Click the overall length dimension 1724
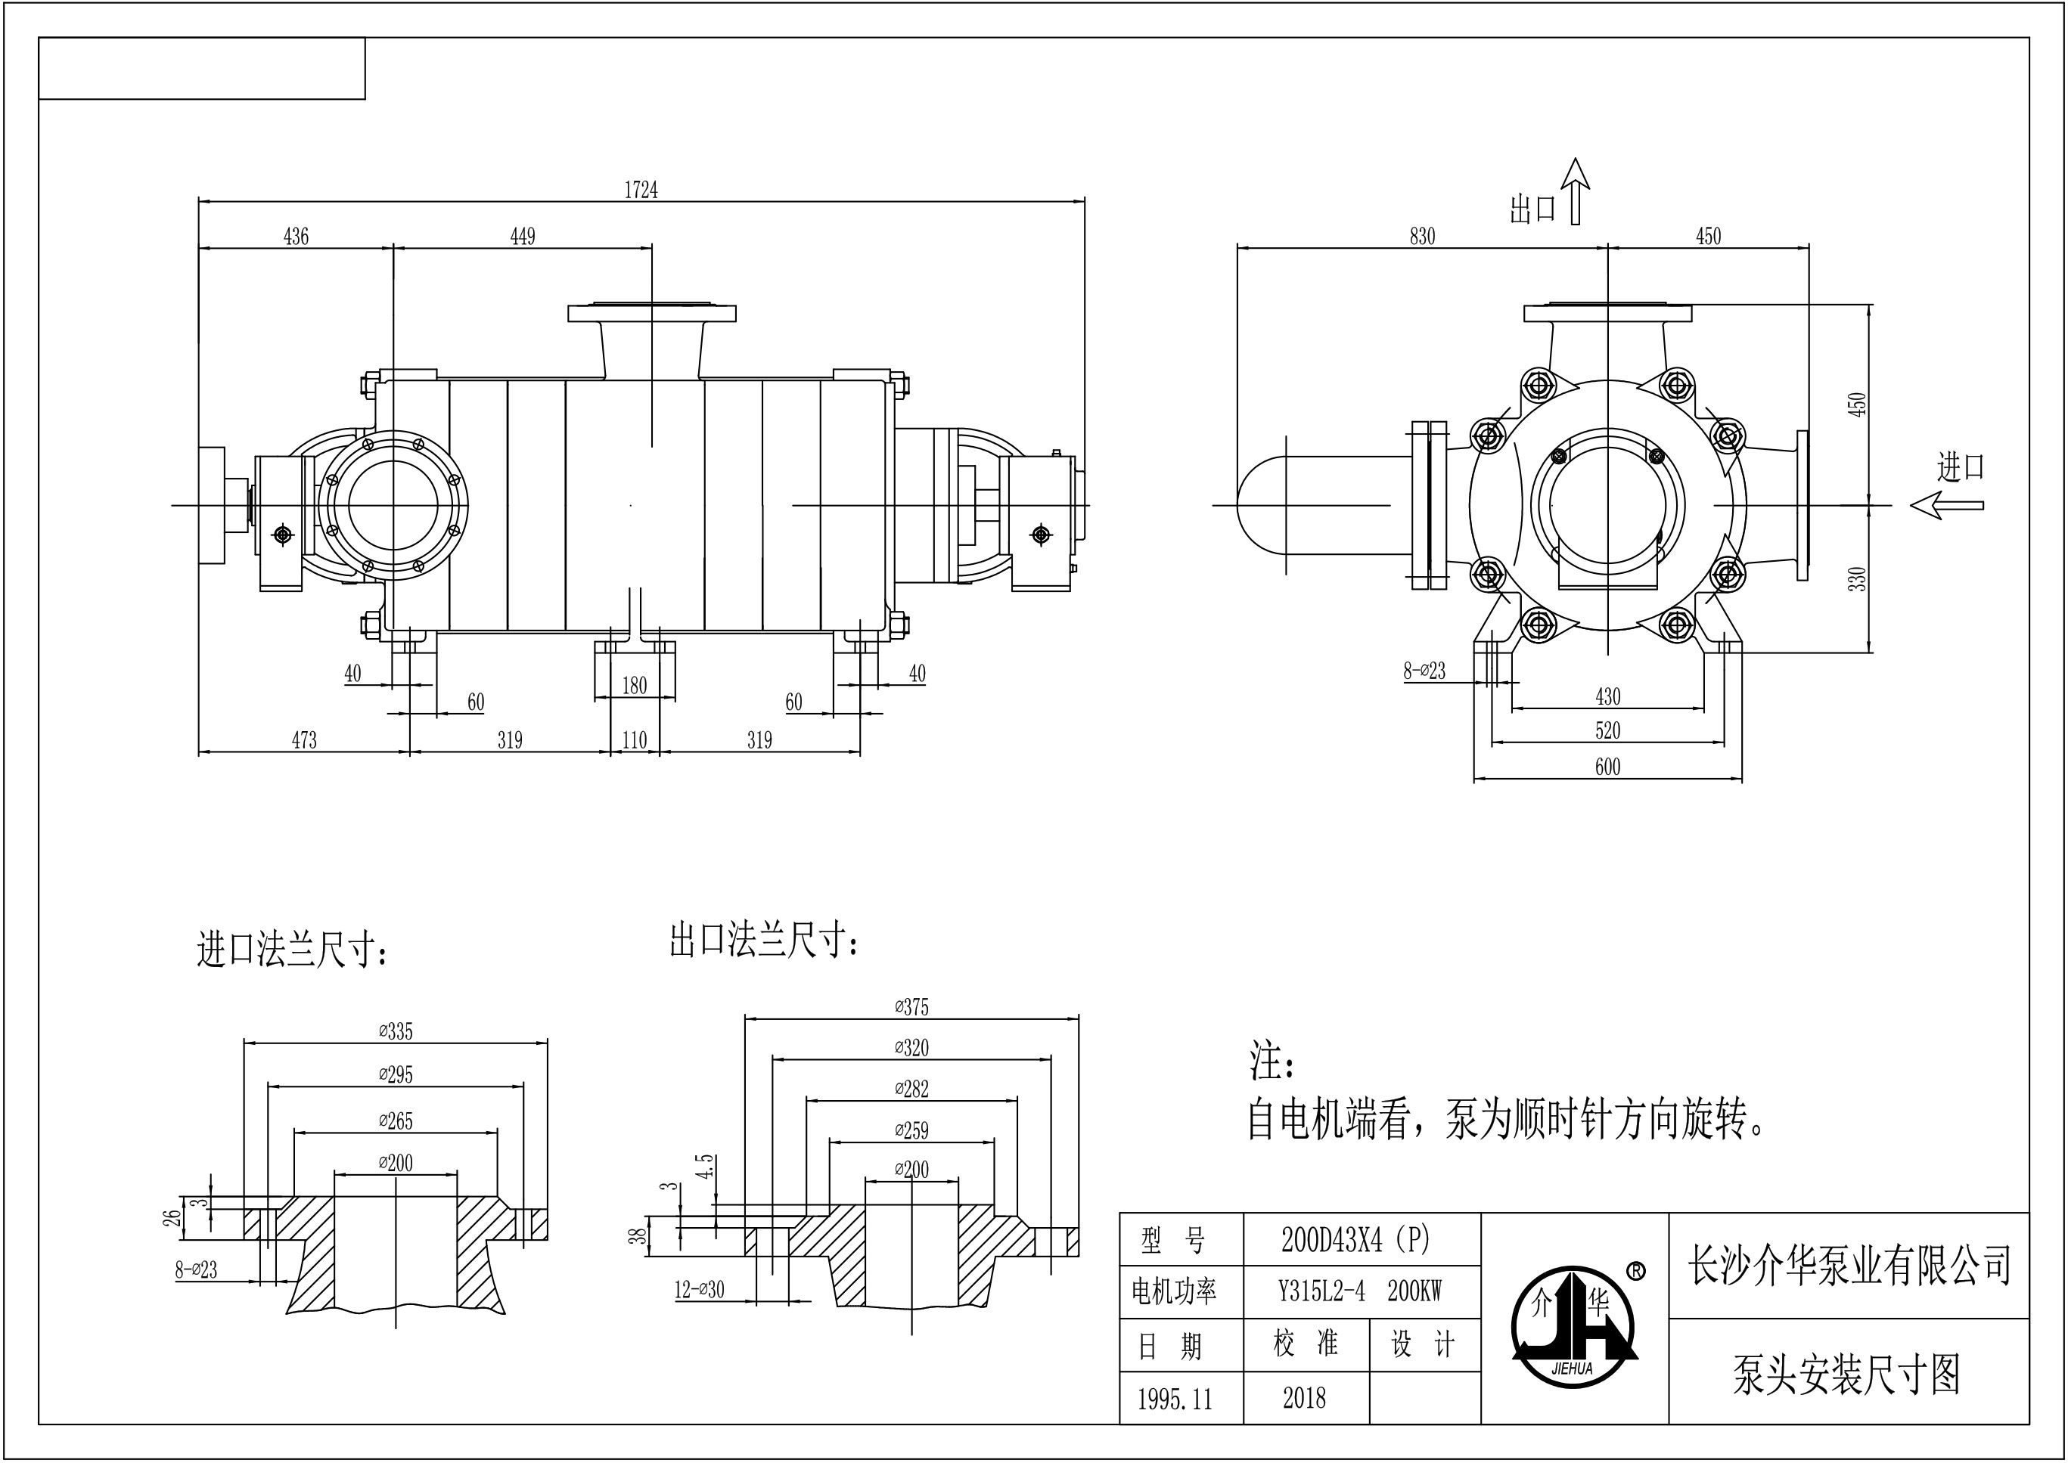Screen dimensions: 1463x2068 point(641,190)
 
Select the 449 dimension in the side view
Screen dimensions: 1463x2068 point(523,236)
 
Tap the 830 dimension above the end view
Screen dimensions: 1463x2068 point(1422,236)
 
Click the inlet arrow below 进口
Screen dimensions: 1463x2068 point(1946,505)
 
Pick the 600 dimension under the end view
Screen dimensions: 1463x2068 point(1607,767)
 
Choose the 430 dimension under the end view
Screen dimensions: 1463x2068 point(1607,696)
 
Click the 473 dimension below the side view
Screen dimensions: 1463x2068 point(305,739)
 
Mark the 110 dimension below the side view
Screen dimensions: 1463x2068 point(635,739)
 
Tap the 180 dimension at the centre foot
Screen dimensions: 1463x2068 point(635,686)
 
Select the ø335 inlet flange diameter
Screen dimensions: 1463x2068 point(396,1031)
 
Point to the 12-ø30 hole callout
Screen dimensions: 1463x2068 point(699,1290)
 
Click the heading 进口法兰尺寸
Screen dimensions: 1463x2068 point(293,951)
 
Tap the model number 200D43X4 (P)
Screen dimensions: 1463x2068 point(1355,1241)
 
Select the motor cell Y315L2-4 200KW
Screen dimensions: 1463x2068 point(1360,1292)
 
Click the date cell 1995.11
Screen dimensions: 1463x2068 point(1175,1399)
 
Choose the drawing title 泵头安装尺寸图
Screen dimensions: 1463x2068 point(1846,1375)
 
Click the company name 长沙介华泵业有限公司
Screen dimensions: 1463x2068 point(1849,1266)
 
